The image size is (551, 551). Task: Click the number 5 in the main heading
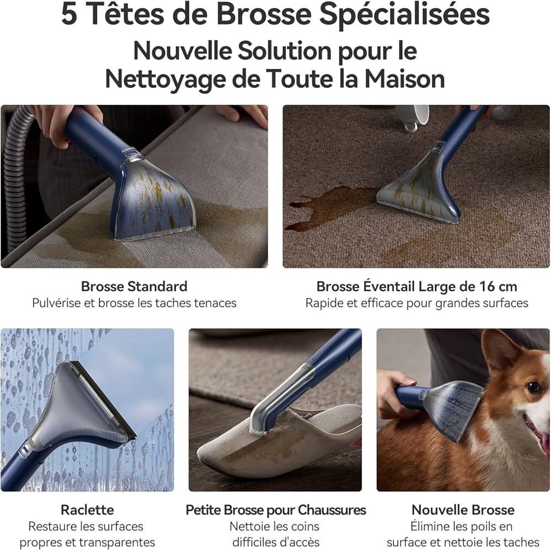coord(69,14)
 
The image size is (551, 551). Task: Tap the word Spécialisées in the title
coord(404,15)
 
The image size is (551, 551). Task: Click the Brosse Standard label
coord(134,287)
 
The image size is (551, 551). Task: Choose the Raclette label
coord(87,510)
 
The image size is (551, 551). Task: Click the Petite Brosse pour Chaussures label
coord(275,510)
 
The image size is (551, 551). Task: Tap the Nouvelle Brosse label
coord(463,510)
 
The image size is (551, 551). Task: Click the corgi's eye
coord(533,387)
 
